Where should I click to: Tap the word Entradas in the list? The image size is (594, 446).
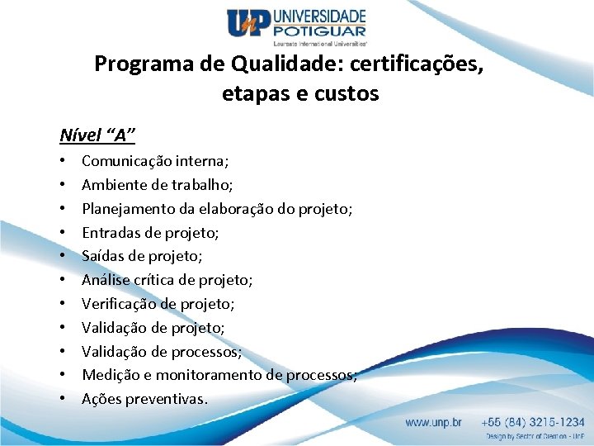click(x=110, y=233)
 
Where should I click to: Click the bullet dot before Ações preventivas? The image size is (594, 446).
click(x=64, y=399)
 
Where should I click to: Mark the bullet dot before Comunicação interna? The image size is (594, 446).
click(x=64, y=162)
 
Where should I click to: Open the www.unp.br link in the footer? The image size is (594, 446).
click(x=432, y=421)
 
